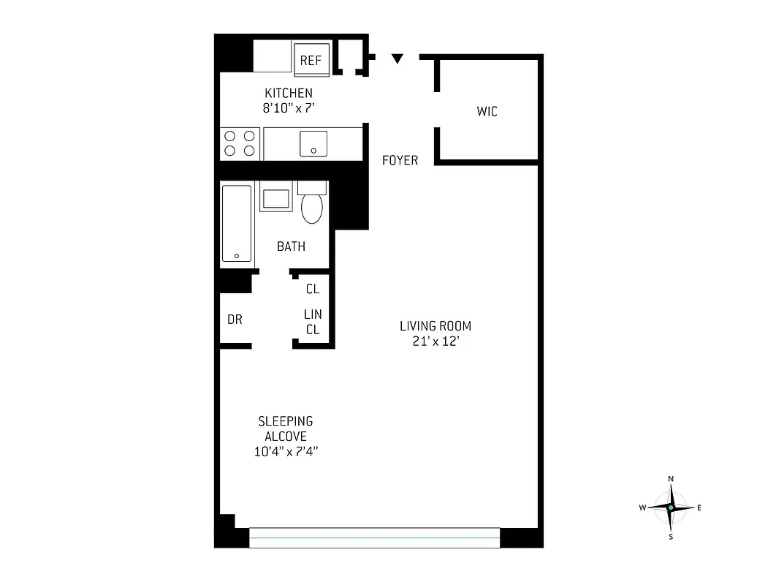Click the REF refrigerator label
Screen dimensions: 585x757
pyautogui.click(x=311, y=61)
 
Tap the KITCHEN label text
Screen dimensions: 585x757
pyautogui.click(x=289, y=93)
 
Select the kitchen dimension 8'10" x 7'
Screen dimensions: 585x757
pyautogui.click(x=289, y=108)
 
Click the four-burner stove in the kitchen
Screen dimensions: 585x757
pyautogui.click(x=240, y=143)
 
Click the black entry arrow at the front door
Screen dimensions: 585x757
pyautogui.click(x=397, y=58)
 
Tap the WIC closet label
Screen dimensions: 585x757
pyautogui.click(x=487, y=112)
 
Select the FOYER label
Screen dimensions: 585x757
pyautogui.click(x=400, y=160)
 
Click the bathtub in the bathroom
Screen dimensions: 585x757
pyautogui.click(x=237, y=223)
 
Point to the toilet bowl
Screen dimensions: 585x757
pyautogui.click(x=312, y=208)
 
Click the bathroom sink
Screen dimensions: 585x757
pyautogui.click(x=276, y=200)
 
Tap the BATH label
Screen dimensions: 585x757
pyautogui.click(x=291, y=246)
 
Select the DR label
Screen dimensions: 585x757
pyautogui.click(x=235, y=319)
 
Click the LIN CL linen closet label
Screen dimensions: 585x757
pyautogui.click(x=313, y=322)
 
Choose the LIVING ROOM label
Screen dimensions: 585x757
pyautogui.click(x=435, y=326)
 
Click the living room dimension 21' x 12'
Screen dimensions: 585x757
pyautogui.click(x=435, y=341)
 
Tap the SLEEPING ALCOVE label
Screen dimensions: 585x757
pyautogui.click(x=286, y=429)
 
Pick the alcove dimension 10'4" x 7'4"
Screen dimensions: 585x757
pyautogui.click(x=286, y=452)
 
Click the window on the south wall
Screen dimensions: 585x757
pyautogui.click(x=375, y=537)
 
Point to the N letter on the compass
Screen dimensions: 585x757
pyautogui.click(x=671, y=479)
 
